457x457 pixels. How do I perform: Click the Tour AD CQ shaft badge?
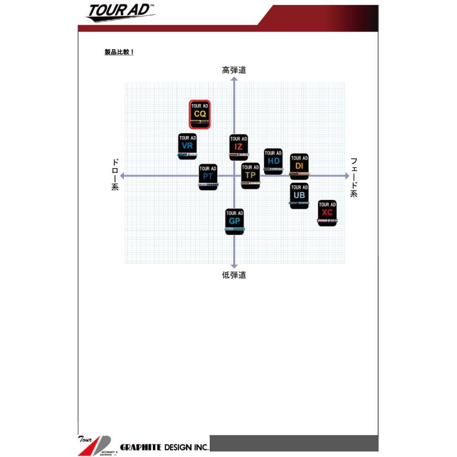click(x=200, y=115)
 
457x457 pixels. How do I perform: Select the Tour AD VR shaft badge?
click(x=187, y=146)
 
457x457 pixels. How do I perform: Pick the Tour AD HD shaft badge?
click(x=273, y=161)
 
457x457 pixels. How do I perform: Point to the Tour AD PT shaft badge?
click(x=208, y=177)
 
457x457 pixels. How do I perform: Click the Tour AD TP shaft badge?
click(x=250, y=176)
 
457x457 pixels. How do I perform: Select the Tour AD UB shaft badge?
click(x=299, y=195)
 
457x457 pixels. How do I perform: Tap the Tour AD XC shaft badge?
click(x=328, y=213)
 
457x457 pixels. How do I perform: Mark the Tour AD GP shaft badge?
click(x=235, y=221)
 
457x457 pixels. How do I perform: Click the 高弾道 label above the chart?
click(x=234, y=71)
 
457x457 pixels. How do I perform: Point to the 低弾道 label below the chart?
click(x=234, y=275)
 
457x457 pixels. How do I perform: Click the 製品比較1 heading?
click(x=119, y=52)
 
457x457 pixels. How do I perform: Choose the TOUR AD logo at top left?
click(x=120, y=12)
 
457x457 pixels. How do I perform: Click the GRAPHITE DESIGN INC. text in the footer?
click(x=164, y=447)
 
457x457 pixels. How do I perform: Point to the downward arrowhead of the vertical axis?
click(x=234, y=265)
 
